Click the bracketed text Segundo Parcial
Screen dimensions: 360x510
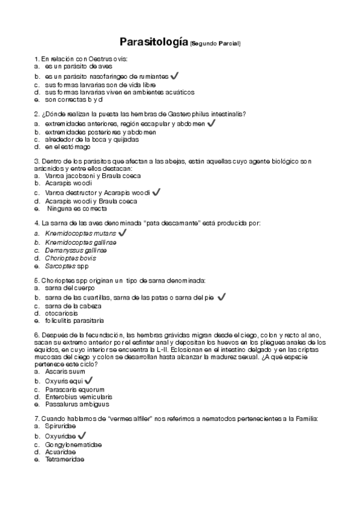tap(215, 44)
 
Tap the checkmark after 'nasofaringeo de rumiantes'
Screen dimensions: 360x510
tap(174, 76)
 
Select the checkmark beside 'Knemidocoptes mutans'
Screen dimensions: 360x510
tap(123, 232)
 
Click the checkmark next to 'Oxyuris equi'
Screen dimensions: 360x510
tap(89, 380)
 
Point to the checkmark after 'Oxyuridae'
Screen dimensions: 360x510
tap(82, 435)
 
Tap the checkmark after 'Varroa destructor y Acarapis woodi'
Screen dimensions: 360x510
tap(156, 192)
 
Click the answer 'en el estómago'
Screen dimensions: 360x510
tap(67, 147)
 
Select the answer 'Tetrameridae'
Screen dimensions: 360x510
tap(64, 459)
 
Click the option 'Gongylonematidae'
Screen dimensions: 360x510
tap(73, 444)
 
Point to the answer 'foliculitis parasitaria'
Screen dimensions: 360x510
tap(74, 321)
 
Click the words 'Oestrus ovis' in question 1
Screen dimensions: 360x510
tap(109, 59)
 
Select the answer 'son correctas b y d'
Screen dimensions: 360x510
tap(74, 100)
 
